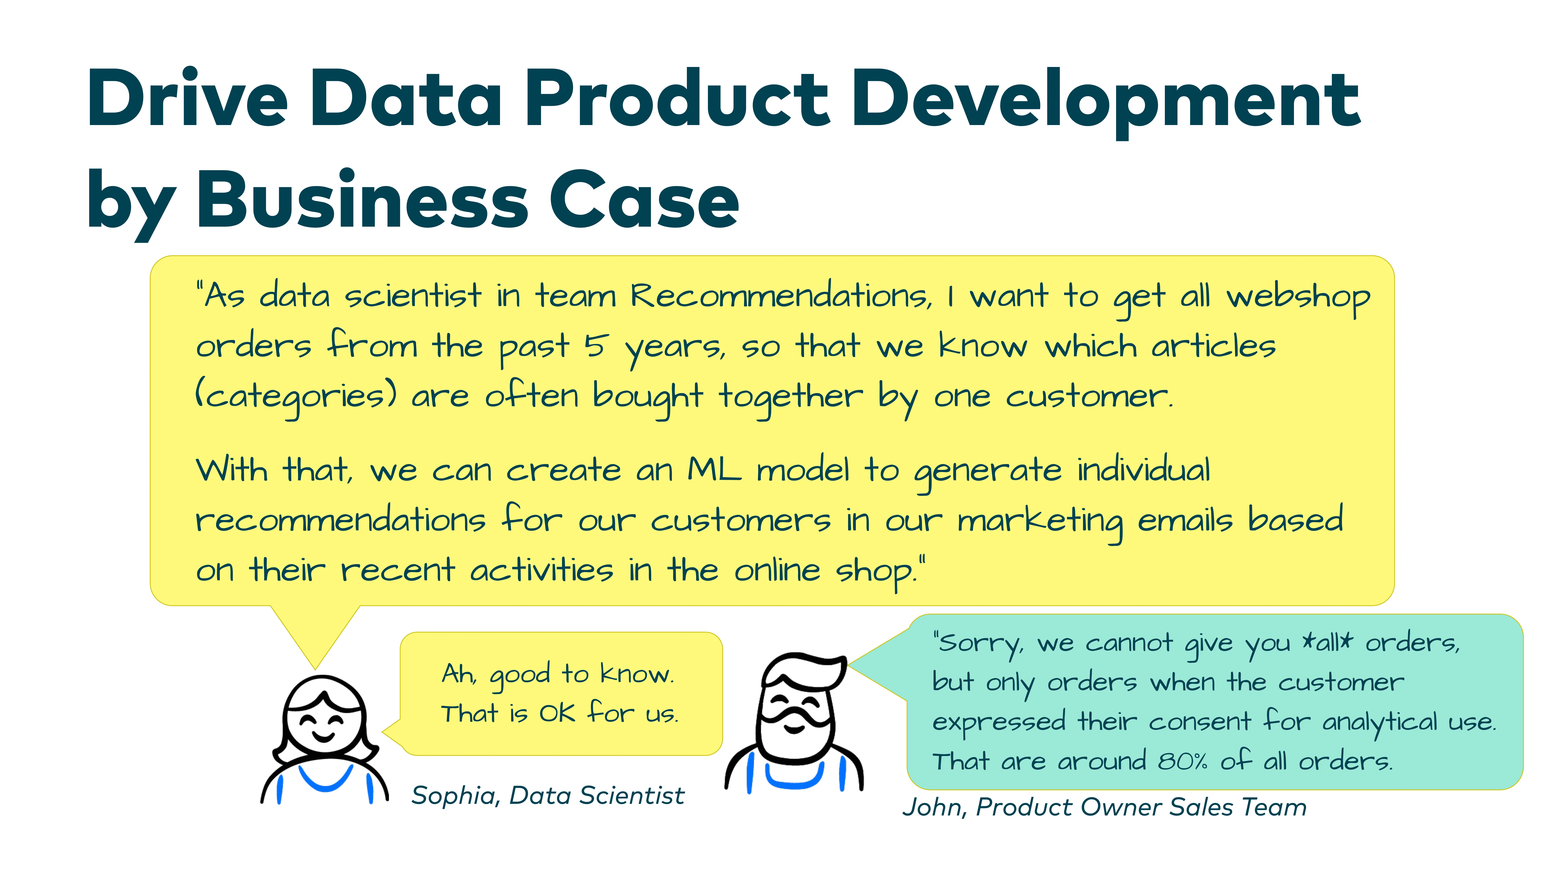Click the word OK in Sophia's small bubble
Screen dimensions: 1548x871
click(558, 713)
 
